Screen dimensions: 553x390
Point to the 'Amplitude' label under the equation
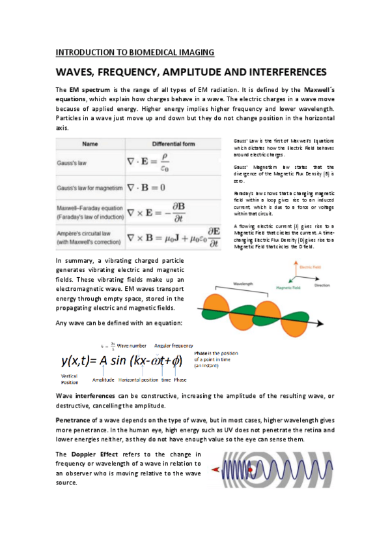pyautogui.click(x=104, y=380)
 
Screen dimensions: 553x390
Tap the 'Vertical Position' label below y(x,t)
pyautogui.click(x=70, y=380)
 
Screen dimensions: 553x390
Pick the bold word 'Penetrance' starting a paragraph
pyautogui.click(x=74, y=421)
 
